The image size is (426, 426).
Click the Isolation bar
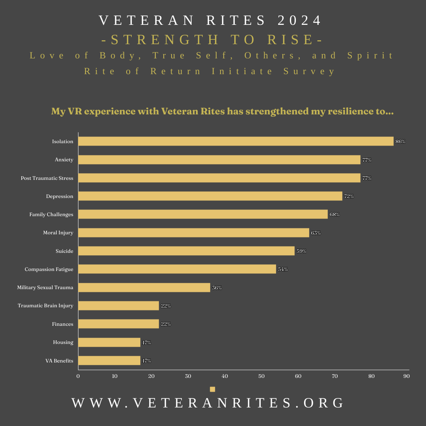coord(236,141)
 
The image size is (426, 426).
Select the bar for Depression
coord(210,196)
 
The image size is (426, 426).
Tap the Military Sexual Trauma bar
coord(144,288)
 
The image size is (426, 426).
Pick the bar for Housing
coord(109,342)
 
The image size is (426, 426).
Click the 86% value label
coord(400,142)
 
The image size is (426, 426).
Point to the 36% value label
coord(217,288)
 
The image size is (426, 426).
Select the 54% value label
coord(283,269)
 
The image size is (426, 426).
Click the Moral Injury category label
coord(58,233)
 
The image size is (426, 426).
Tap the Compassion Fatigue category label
coord(49,269)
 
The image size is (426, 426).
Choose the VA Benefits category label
coord(59,361)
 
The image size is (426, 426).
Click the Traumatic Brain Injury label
coord(45,306)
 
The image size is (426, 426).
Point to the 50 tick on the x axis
coord(262,376)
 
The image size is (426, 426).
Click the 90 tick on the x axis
coord(406,376)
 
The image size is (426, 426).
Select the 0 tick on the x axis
coord(78,376)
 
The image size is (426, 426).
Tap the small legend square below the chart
coord(213,389)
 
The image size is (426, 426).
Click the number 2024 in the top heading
coord(300,21)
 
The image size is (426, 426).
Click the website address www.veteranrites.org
coord(208,403)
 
